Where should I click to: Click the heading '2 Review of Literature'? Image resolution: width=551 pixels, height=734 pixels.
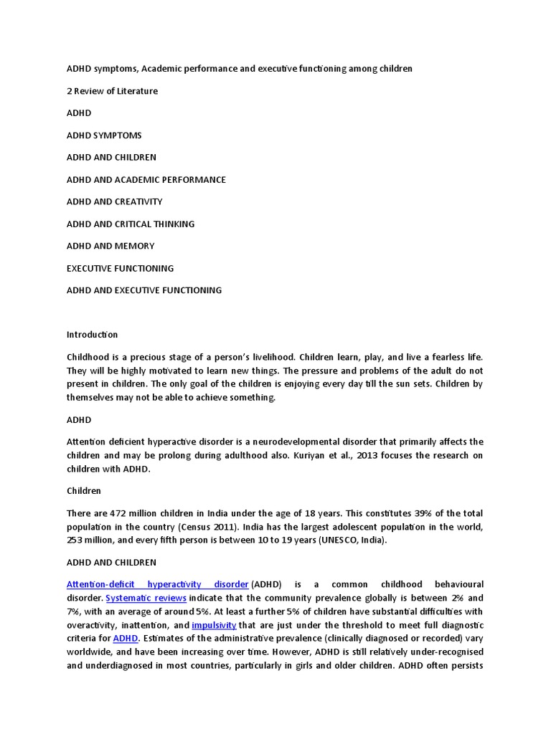[112, 91]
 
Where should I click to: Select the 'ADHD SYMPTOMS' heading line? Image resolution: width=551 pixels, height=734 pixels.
[104, 135]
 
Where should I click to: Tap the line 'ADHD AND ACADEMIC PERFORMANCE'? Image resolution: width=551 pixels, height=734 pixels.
[146, 180]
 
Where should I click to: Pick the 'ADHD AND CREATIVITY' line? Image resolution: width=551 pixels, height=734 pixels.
[114, 202]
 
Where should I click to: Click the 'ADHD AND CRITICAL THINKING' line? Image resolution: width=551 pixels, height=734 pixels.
[130, 224]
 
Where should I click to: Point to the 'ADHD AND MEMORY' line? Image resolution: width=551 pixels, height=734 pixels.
[110, 246]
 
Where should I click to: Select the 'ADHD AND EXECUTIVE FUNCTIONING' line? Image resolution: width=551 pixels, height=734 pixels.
[144, 290]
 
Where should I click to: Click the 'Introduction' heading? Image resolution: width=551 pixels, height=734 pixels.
[92, 335]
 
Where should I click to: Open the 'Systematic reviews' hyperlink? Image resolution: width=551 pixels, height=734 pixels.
[146, 598]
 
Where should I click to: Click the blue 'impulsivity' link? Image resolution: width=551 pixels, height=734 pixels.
[214, 625]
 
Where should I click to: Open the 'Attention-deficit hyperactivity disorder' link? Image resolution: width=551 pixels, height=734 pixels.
[157, 584]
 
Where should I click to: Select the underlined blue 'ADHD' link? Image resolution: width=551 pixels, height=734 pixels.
[125, 638]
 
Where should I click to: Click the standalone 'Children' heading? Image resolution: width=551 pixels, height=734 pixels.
[84, 491]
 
